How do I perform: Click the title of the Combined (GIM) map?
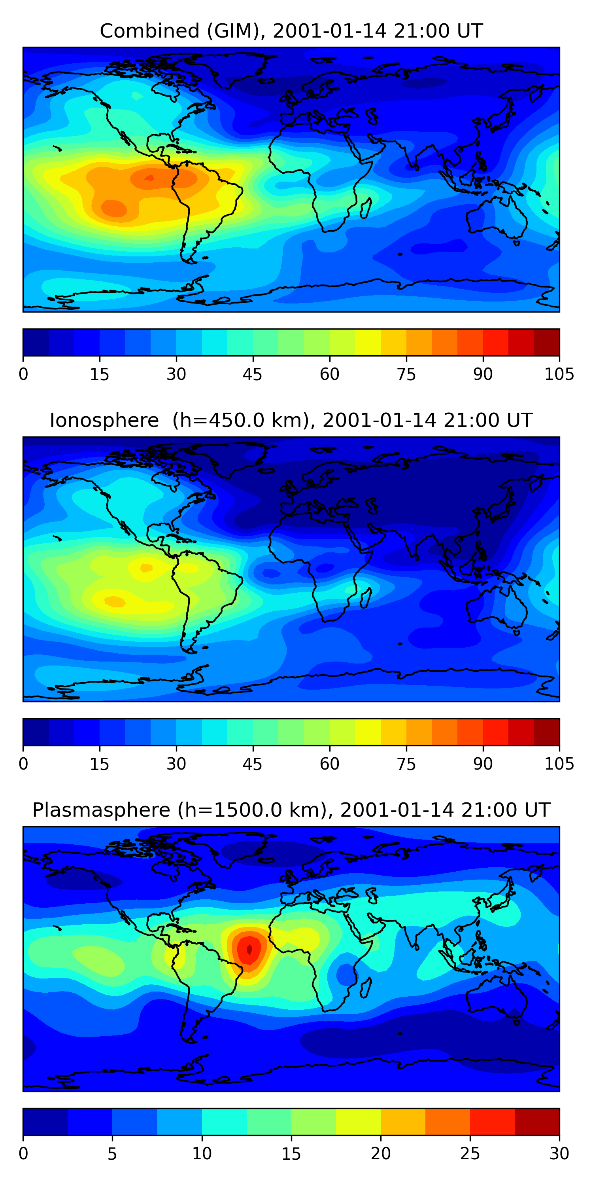pyautogui.click(x=291, y=31)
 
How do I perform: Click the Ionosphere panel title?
pyautogui.click(x=291, y=421)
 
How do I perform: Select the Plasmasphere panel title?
pyautogui.click(x=291, y=810)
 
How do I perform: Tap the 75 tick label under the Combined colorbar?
pyautogui.click(x=406, y=374)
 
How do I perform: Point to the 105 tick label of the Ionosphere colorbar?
pyautogui.click(x=559, y=764)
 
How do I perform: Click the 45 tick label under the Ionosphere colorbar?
pyautogui.click(x=252, y=764)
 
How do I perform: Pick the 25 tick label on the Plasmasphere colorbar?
pyautogui.click(x=470, y=1153)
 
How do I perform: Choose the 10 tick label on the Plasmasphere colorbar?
pyautogui.click(x=202, y=1153)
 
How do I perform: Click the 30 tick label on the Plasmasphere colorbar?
pyautogui.click(x=559, y=1153)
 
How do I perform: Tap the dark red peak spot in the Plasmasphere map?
pyautogui.click(x=249, y=949)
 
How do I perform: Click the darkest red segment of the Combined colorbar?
pyautogui.click(x=546, y=342)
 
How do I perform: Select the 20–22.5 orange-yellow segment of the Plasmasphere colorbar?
pyautogui.click(x=403, y=1122)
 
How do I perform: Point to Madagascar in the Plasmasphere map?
pyautogui.click(x=366, y=988)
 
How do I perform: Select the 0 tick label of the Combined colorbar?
pyautogui.click(x=23, y=374)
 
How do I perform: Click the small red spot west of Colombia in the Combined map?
pyautogui.click(x=149, y=178)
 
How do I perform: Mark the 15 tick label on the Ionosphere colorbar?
pyautogui.click(x=100, y=764)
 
